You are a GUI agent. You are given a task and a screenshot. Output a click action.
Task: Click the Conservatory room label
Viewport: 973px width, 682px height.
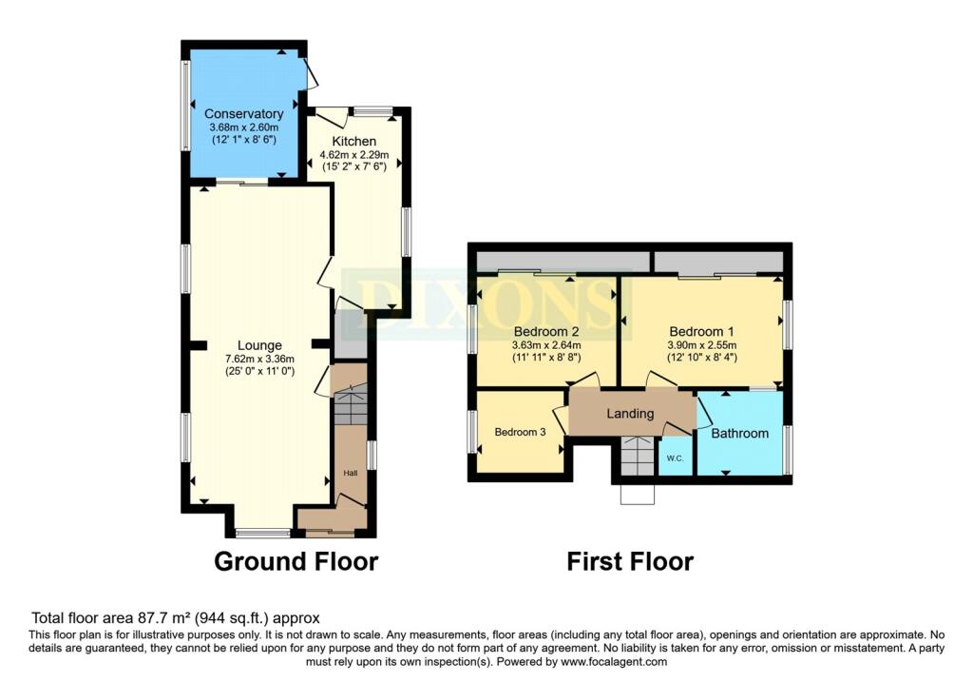pos(244,114)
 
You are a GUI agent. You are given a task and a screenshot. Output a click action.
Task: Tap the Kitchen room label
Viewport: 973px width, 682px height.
pos(353,142)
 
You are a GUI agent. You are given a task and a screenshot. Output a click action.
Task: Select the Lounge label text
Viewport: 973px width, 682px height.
pos(259,344)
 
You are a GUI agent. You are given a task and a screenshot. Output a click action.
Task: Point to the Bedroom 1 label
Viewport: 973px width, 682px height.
pos(702,330)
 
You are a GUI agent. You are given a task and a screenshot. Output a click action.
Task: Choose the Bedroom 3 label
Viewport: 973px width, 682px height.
pos(520,432)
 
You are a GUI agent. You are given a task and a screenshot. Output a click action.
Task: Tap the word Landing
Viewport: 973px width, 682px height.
pos(631,414)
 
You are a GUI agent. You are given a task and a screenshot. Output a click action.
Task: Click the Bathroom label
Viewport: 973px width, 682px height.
pos(739,434)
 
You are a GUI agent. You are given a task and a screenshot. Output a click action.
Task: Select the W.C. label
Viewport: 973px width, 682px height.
pos(676,458)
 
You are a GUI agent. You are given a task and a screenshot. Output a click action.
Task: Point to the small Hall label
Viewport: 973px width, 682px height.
pos(350,473)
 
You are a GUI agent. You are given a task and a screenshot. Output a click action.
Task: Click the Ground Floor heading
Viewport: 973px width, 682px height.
pos(296,561)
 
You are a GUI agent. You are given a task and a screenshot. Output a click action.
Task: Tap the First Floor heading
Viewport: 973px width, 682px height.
pos(630,561)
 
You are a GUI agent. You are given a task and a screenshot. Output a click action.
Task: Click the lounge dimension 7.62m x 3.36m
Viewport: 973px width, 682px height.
pos(259,359)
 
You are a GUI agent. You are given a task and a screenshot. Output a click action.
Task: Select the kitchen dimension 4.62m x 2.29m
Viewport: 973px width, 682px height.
pos(353,155)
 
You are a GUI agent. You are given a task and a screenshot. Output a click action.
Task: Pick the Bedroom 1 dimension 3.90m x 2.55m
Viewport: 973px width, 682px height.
pos(702,344)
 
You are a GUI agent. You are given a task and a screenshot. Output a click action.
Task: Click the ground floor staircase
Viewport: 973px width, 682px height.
pos(349,407)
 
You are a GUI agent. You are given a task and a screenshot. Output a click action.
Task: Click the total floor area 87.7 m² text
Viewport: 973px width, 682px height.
pos(176,617)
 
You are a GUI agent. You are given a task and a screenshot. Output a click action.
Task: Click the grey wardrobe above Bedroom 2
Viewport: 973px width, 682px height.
pos(563,262)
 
